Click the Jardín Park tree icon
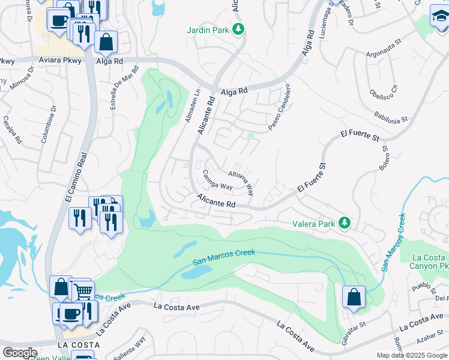(x=238, y=29)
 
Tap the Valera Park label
(x=313, y=223)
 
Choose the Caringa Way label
(x=217, y=182)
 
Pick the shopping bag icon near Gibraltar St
(x=354, y=296)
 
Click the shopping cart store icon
(x=83, y=292)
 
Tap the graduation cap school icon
(x=439, y=16)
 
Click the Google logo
(x=20, y=353)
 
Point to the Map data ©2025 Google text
(x=411, y=355)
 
